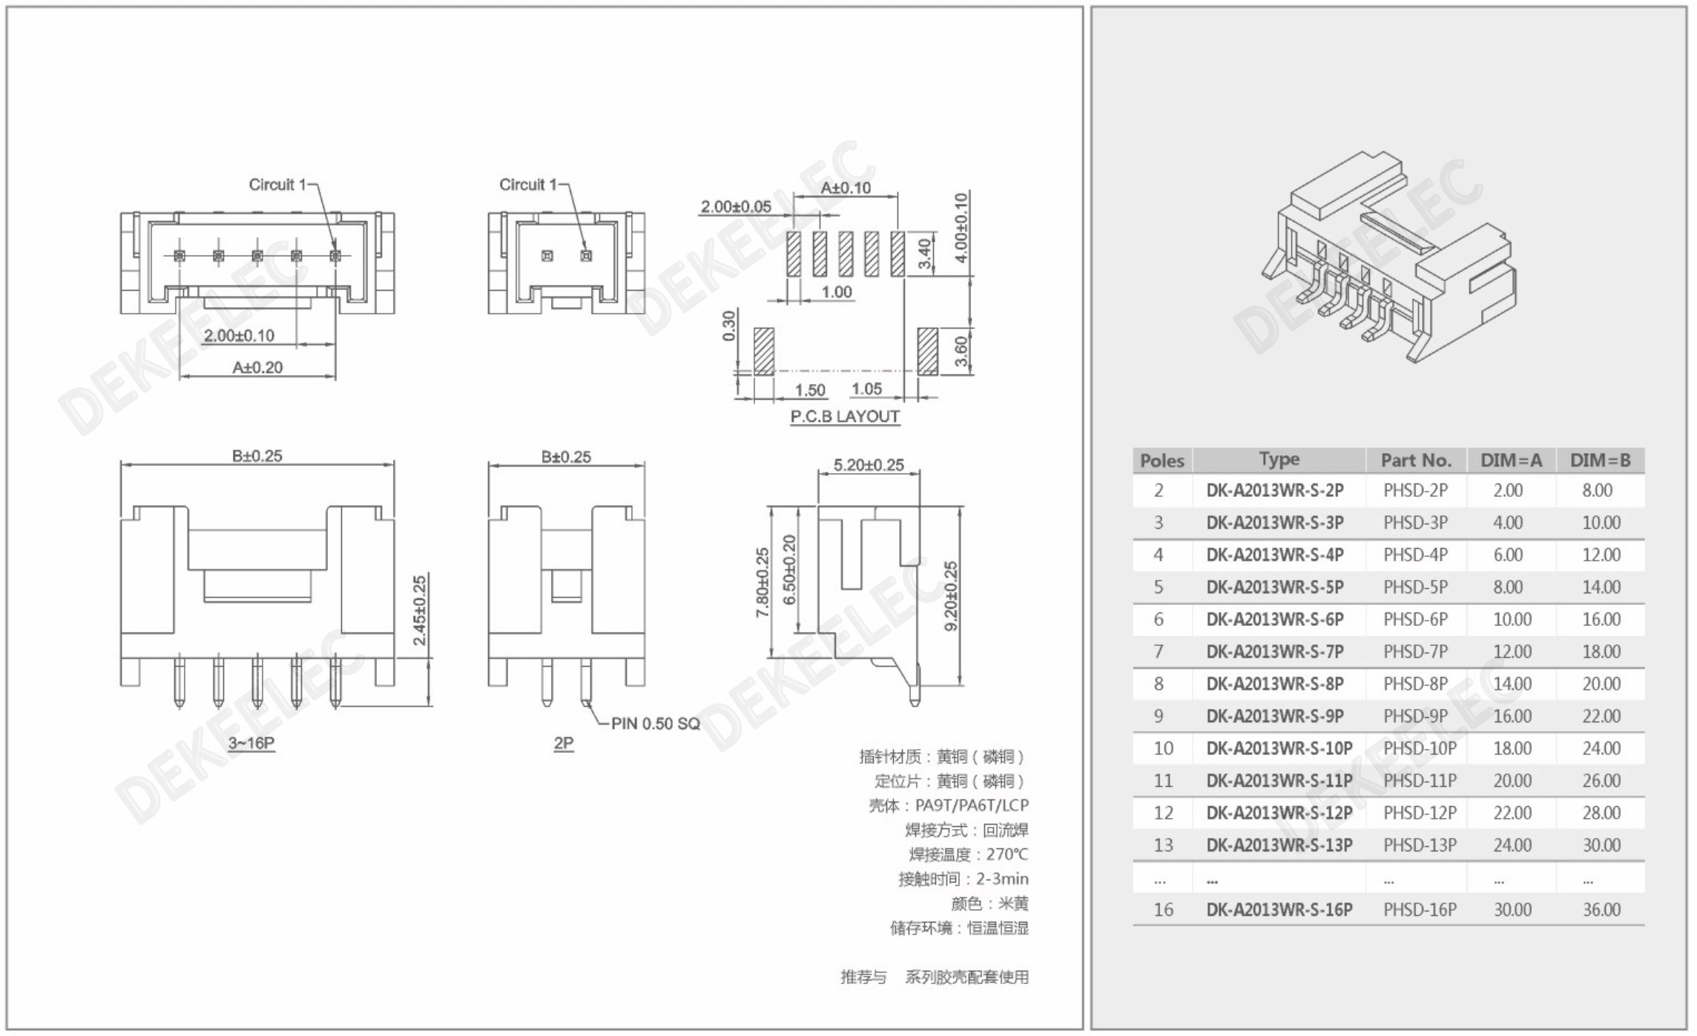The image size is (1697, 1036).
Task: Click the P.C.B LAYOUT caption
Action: [x=845, y=417]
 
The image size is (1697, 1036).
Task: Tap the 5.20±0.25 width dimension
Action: [x=869, y=465]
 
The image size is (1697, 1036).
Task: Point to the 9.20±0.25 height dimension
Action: [x=951, y=596]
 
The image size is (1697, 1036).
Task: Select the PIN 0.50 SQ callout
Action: [x=656, y=724]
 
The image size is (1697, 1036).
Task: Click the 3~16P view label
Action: [x=251, y=743]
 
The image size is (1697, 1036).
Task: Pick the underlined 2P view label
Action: [x=564, y=743]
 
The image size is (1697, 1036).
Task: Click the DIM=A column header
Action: [x=1511, y=461]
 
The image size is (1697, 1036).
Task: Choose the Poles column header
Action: [x=1161, y=461]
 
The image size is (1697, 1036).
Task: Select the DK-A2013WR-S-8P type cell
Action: [x=1275, y=684]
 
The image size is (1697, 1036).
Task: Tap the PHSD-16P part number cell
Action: [x=1420, y=910]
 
